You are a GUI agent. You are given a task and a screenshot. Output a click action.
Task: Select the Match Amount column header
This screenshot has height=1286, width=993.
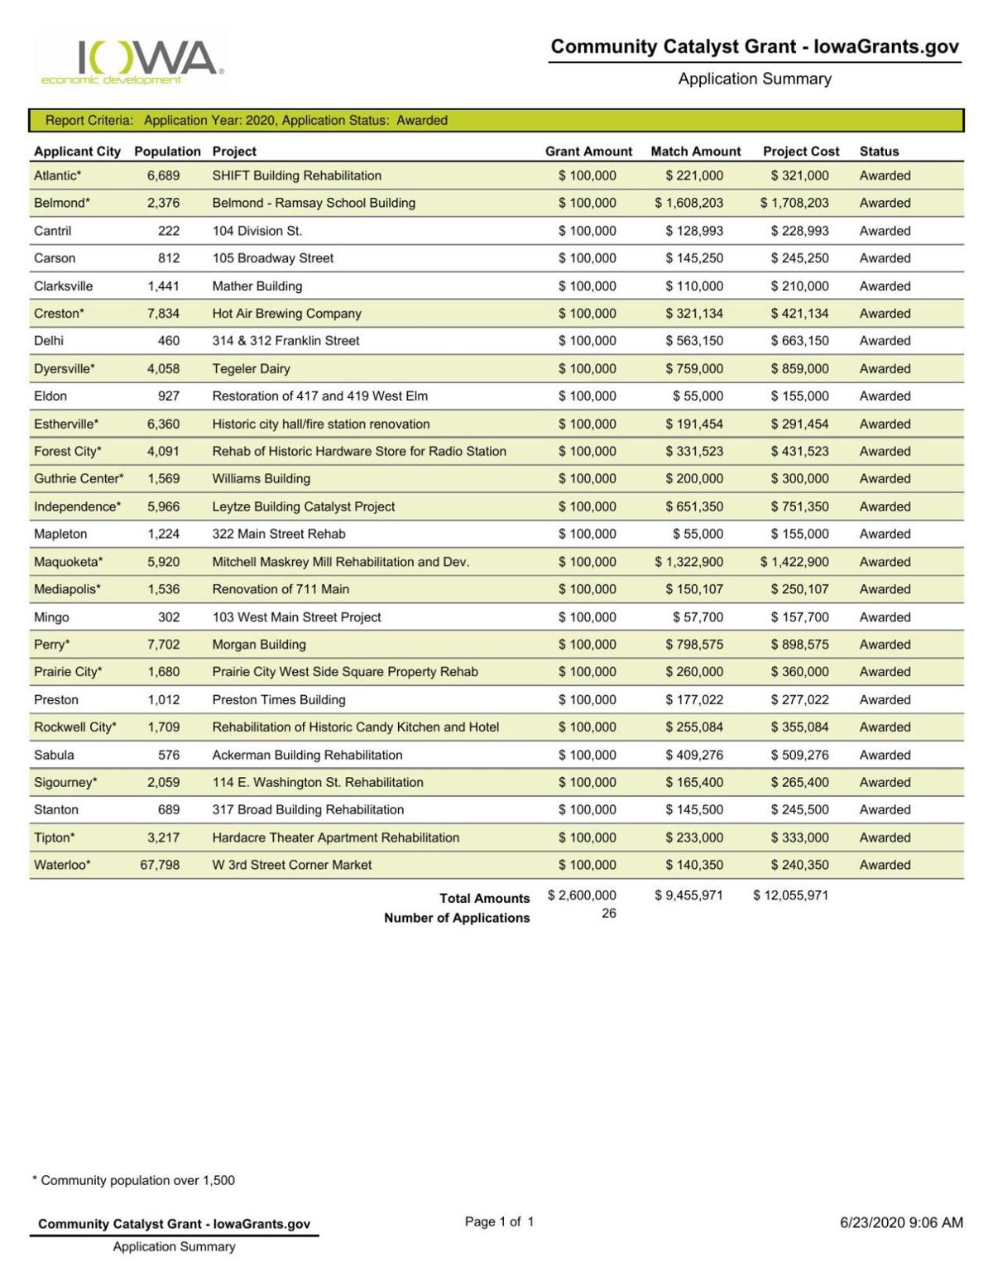pyautogui.click(x=695, y=151)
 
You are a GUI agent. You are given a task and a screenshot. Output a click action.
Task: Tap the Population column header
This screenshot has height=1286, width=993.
pyautogui.click(x=167, y=151)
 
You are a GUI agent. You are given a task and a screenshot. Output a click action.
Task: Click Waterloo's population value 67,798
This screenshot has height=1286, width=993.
pyautogui.click(x=160, y=865)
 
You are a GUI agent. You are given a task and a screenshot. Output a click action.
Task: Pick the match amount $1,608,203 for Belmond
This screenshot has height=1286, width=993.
pyautogui.click(x=688, y=203)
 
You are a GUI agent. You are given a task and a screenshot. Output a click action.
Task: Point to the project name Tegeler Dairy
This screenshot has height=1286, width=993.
pyautogui.click(x=251, y=368)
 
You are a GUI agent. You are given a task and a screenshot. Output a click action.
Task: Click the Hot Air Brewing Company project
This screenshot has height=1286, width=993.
pyautogui.click(x=286, y=314)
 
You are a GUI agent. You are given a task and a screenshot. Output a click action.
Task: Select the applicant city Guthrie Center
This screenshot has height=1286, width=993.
pyautogui.click(x=79, y=478)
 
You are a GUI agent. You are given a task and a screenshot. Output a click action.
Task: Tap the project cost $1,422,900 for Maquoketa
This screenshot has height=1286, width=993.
pyautogui.click(x=794, y=562)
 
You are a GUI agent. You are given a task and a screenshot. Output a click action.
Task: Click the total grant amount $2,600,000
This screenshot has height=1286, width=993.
pyautogui.click(x=582, y=895)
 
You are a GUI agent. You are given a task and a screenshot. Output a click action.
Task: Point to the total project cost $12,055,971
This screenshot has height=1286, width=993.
pyautogui.click(x=790, y=895)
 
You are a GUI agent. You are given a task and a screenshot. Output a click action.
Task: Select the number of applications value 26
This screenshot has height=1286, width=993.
pyautogui.click(x=608, y=914)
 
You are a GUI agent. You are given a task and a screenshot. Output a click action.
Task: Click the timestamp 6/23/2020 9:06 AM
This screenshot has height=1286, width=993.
pyautogui.click(x=901, y=1222)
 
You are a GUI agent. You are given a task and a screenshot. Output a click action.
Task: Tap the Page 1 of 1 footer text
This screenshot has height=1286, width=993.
pyautogui.click(x=499, y=1221)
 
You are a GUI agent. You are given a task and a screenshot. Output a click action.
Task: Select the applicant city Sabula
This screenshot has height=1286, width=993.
pyautogui.click(x=54, y=755)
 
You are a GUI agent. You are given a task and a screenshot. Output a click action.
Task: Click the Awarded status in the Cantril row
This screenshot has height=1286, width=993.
pyautogui.click(x=885, y=231)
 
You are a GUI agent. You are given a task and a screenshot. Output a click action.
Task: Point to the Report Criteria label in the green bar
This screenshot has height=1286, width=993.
pyautogui.click(x=89, y=120)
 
